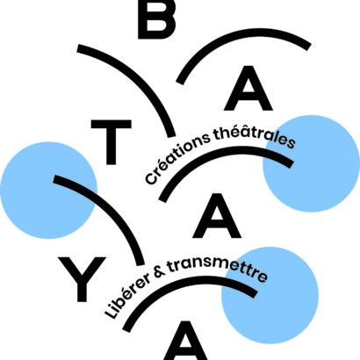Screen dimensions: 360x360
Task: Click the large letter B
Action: point(156,19)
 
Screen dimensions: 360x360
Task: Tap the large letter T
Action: point(111,142)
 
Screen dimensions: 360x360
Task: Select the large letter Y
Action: point(82,279)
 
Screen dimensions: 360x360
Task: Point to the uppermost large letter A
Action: point(248,88)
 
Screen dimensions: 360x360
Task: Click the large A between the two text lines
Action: point(217,215)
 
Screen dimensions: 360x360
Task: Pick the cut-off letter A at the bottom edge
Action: point(185,341)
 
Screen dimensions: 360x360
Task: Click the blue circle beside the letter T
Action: point(48,191)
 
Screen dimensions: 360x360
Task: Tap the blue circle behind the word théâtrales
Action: point(311,163)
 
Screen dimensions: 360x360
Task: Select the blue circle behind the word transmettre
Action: point(270,295)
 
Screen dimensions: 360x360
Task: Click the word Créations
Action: point(176,160)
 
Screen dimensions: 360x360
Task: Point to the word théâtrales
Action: point(254,136)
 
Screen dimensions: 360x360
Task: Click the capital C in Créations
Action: point(151,178)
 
